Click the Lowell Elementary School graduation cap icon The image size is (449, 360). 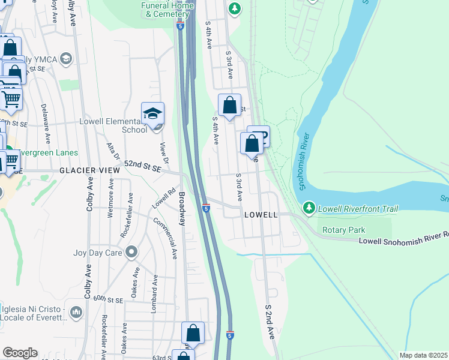152,113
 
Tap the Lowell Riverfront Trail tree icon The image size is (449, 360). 309,208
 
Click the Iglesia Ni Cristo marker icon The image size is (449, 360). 76,312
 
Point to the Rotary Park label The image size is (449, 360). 343,230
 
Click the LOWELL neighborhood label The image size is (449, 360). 261,215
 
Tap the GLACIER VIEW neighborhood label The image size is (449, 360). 89,171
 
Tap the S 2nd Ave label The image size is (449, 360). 270,322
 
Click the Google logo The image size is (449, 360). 20,353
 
